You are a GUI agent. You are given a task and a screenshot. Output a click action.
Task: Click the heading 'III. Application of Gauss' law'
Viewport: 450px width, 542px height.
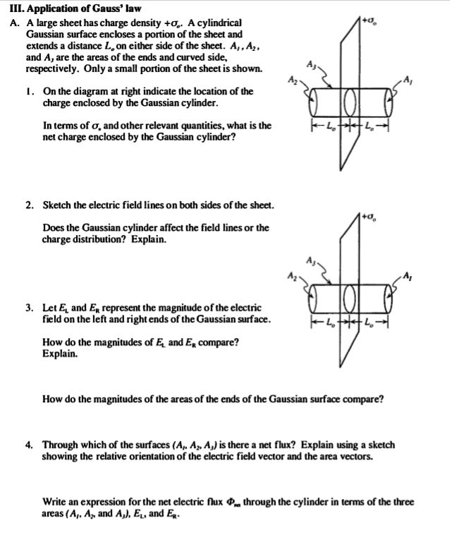pyautogui.click(x=71, y=8)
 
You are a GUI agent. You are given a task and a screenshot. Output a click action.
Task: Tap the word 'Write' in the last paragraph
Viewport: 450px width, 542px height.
pyautogui.click(x=55, y=502)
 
